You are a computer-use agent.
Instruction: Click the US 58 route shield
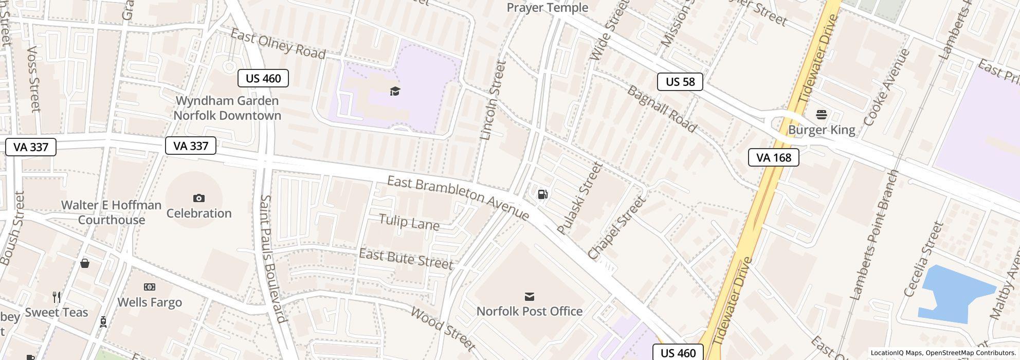click(x=680, y=82)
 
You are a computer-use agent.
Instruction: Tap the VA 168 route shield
click(x=773, y=157)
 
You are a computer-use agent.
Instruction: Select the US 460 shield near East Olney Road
click(x=263, y=78)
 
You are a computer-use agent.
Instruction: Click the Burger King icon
click(x=821, y=114)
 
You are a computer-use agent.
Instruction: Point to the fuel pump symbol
click(x=542, y=194)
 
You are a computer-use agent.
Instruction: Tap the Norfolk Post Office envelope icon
click(x=529, y=297)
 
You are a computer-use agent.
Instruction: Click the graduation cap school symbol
click(x=394, y=92)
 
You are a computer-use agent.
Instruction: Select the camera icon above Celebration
click(x=198, y=198)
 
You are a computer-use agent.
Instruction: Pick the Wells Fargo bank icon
click(x=150, y=287)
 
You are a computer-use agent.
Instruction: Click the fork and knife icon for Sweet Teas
click(x=57, y=297)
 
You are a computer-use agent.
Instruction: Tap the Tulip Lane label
click(x=409, y=222)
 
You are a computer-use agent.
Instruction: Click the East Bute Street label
click(x=406, y=258)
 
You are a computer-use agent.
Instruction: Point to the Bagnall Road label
click(x=661, y=109)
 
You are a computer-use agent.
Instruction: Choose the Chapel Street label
click(x=616, y=228)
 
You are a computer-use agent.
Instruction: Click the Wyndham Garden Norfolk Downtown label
click(x=227, y=108)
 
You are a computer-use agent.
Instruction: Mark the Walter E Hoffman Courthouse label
click(x=111, y=212)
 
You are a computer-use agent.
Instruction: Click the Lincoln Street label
click(x=493, y=101)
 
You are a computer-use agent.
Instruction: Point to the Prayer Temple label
click(x=547, y=8)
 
